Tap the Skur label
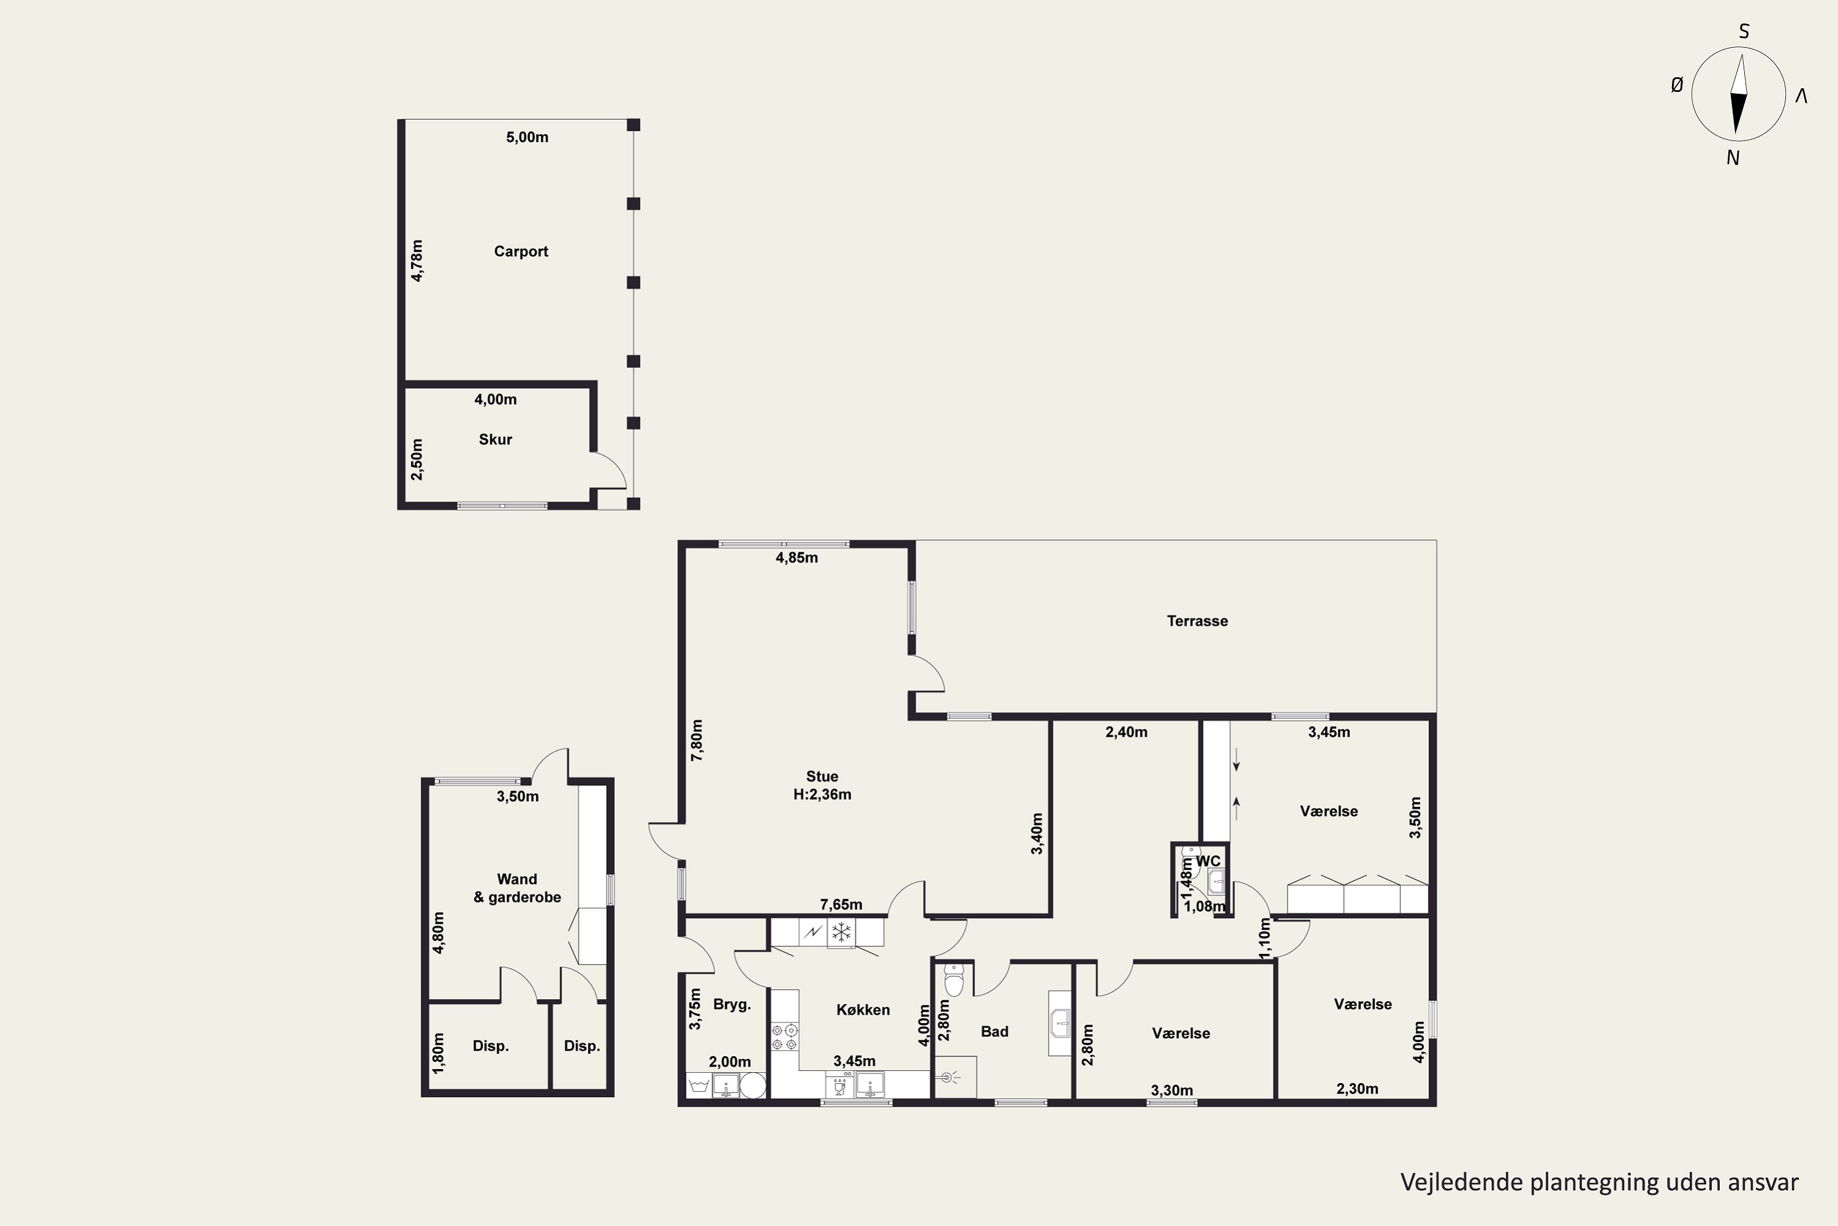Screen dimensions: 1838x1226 pos(496,440)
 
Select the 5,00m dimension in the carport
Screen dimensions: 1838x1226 pos(527,137)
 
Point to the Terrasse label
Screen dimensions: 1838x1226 pos(1197,621)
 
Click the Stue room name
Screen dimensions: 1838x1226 pos(822,777)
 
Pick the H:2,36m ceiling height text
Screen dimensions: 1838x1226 pos(822,794)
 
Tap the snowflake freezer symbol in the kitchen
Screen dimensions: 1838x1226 pos(841,932)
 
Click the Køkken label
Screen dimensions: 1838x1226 pos(863,1010)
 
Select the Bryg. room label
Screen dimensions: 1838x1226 pos(732,1005)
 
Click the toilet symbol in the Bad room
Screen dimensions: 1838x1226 pos(954,980)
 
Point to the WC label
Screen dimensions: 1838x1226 pos(1208,861)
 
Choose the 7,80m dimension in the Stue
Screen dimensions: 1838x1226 pos(697,740)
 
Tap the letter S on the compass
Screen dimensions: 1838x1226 pos(1744,31)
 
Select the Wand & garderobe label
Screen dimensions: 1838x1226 pos(517,888)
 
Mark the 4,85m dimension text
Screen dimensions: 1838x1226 pos(796,557)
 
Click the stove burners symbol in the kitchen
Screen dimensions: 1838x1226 pos(785,1037)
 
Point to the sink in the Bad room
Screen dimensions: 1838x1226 pos(1061,1024)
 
